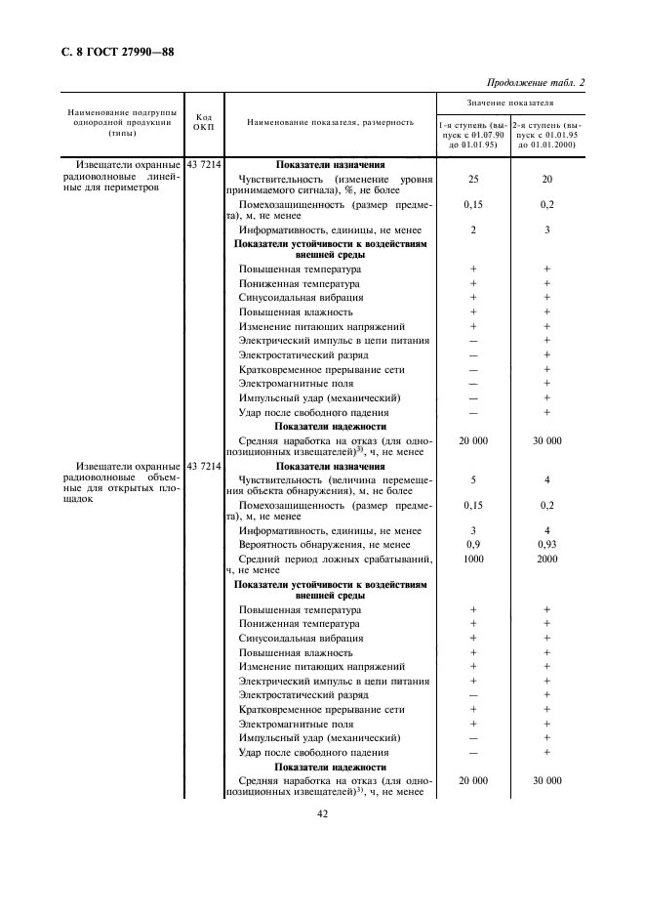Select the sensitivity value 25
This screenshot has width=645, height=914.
tap(473, 180)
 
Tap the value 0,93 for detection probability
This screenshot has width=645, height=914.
tap(546, 544)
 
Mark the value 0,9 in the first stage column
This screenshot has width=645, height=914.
tap(473, 544)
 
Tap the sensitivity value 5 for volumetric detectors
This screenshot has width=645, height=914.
tap(473, 480)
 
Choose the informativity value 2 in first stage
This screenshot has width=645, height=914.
tap(473, 228)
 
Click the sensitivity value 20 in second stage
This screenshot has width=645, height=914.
tap(546, 180)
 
